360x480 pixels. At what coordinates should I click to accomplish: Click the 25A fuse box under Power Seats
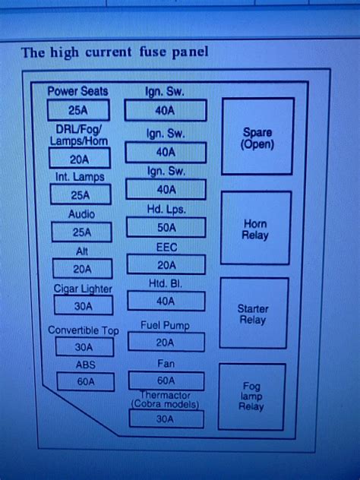pos(78,111)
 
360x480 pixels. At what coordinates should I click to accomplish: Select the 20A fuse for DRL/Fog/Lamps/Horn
pos(79,158)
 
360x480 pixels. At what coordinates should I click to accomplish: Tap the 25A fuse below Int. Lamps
pos(80,194)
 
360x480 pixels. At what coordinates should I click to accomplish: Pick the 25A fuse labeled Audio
pos(81,232)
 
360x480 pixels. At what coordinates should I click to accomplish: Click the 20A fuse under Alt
pos(82,268)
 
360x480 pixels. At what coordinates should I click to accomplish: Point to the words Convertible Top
pos(84,330)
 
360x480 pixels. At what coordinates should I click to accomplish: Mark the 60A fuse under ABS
pos(84,381)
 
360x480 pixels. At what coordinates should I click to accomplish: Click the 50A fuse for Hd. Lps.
pos(166,227)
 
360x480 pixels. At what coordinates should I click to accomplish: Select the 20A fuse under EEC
pos(166,264)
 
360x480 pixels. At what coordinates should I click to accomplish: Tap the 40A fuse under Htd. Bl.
pos(166,301)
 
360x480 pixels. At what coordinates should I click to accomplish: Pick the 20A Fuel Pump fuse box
pos(166,342)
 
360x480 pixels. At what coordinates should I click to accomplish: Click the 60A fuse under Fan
pos(166,380)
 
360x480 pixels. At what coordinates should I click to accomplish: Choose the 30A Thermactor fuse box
pos(166,418)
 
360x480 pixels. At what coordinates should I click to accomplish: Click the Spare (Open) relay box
pos(257,137)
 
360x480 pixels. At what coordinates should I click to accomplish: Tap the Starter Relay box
pos(253,313)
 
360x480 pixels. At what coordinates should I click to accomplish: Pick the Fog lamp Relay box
pos(251,396)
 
